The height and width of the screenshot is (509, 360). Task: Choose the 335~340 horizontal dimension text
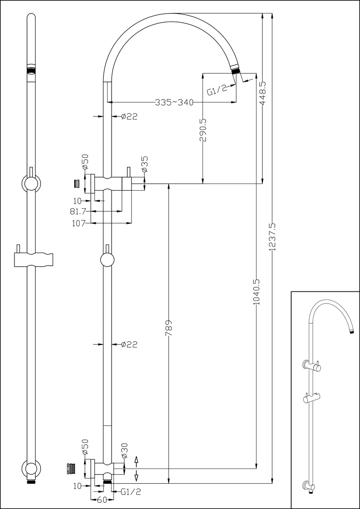pyautogui.click(x=174, y=103)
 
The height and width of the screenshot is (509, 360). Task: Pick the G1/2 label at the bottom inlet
pyautogui.click(x=131, y=492)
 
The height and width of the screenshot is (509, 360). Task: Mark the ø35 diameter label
pyautogui.click(x=144, y=165)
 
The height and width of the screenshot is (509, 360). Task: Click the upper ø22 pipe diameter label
pyautogui.click(x=129, y=117)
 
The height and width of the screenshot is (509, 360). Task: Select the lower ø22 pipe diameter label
pyautogui.click(x=129, y=345)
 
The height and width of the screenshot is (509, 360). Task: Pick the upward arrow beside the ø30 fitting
pyautogui.click(x=137, y=459)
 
